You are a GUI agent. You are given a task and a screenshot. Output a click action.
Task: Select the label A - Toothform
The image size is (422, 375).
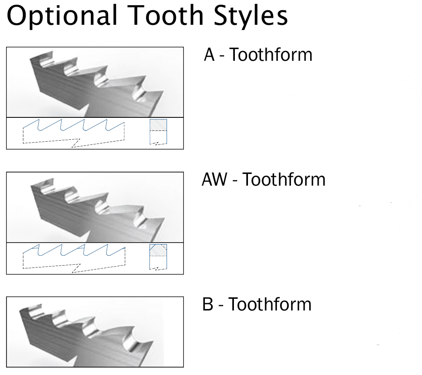pyautogui.click(x=258, y=55)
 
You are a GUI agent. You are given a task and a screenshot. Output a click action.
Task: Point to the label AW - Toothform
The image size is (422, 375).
pyautogui.click(x=263, y=180)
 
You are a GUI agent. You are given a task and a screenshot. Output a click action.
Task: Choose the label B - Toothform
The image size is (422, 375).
pyautogui.click(x=257, y=304)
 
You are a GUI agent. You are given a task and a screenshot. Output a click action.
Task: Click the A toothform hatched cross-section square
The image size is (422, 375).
pyautogui.click(x=158, y=125)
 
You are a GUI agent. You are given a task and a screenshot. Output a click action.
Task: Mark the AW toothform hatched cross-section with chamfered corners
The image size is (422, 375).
pyautogui.click(x=158, y=250)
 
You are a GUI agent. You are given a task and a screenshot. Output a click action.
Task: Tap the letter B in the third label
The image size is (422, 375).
pyautogui.click(x=207, y=304)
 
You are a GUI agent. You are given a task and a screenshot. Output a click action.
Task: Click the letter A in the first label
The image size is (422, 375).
pyautogui.click(x=209, y=55)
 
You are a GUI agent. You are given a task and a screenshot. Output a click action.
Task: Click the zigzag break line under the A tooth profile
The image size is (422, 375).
pyautogui.click(x=75, y=143)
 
